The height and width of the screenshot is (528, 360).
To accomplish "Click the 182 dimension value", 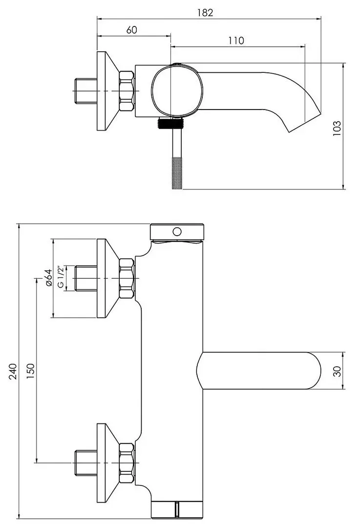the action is [205, 12].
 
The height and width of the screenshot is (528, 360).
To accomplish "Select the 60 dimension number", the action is [132, 30].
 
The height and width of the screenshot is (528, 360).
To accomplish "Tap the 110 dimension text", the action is [236, 41].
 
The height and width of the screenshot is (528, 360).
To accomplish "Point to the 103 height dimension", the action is [337, 128].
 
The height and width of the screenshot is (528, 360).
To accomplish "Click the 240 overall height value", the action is [12, 372].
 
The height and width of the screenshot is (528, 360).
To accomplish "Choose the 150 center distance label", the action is [30, 371].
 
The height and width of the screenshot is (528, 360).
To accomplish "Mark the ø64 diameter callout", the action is [48, 278].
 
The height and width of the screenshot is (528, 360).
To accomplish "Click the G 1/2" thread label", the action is [61, 277].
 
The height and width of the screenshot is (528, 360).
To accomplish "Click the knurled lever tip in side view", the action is [177, 173].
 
